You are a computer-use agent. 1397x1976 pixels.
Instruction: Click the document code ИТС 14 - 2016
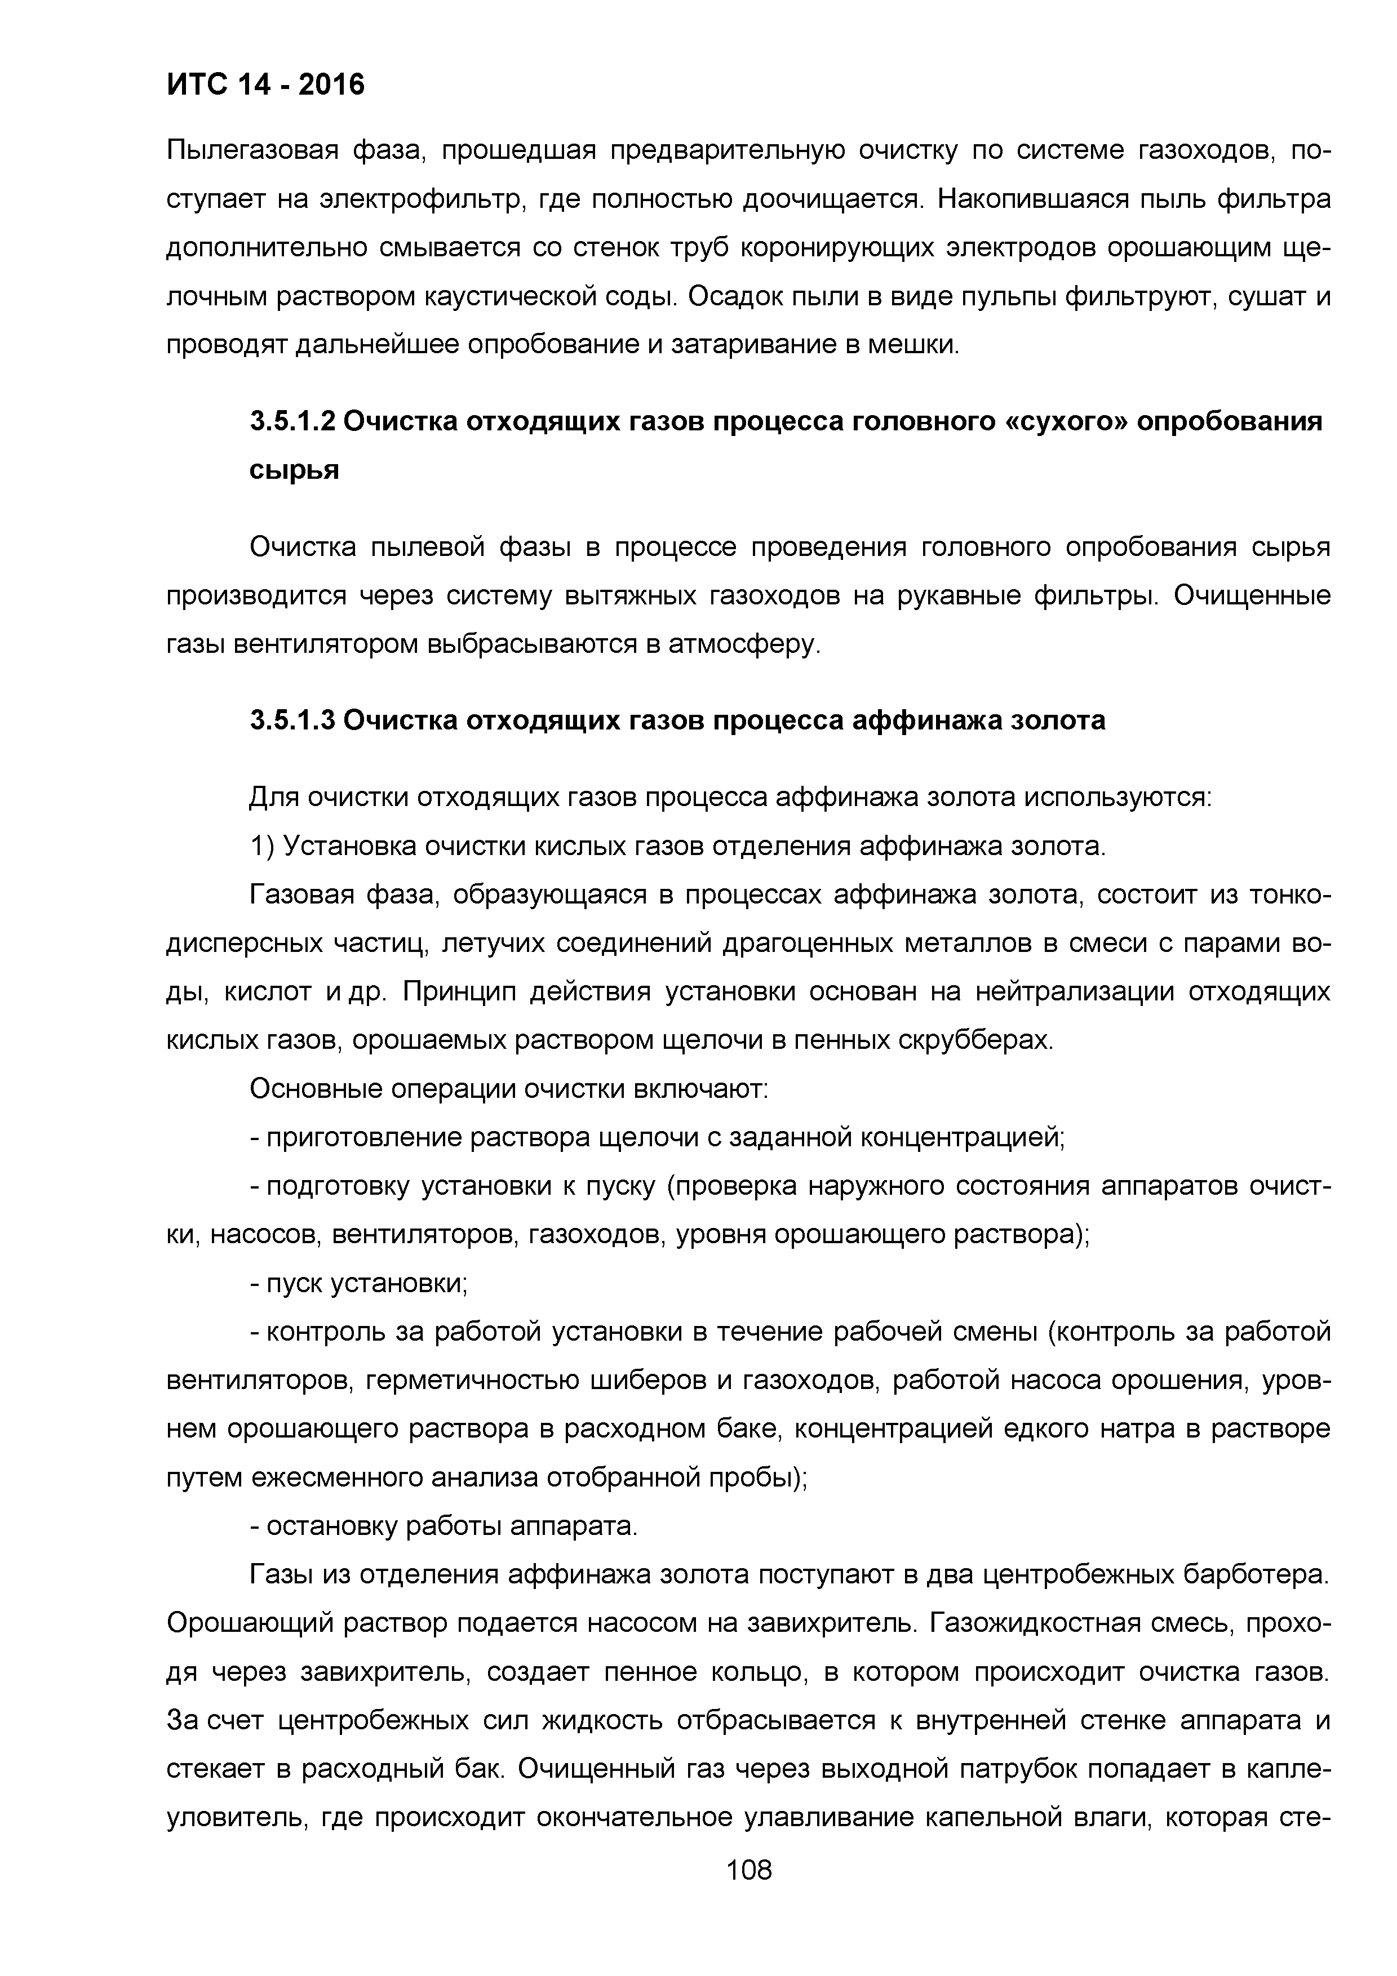[x=265, y=84]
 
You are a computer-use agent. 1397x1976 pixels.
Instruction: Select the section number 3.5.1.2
[x=292, y=422]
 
